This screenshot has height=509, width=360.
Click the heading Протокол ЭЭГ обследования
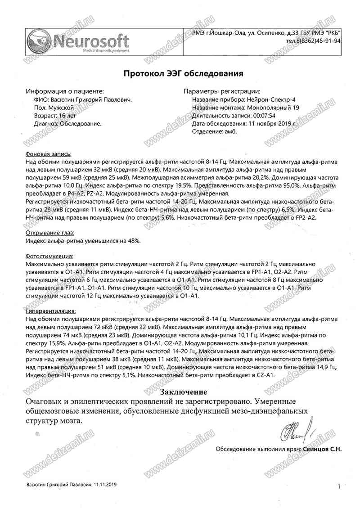tap(184, 73)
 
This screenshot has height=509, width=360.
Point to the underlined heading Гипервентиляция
tap(51, 311)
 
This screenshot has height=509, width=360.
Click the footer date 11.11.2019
tap(105, 484)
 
